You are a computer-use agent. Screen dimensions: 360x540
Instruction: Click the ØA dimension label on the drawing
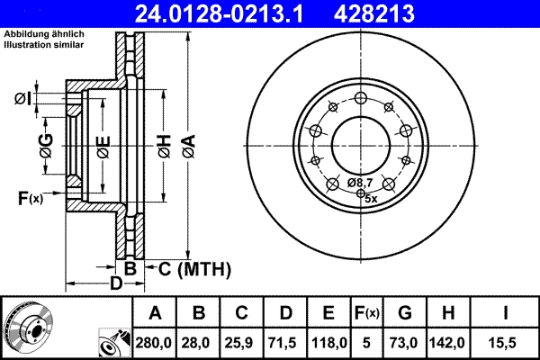(187, 143)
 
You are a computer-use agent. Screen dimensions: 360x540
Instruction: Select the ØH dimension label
(164, 144)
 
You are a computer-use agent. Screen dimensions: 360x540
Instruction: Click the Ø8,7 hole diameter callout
(361, 183)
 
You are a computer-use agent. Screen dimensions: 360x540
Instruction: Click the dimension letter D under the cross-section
(115, 284)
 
